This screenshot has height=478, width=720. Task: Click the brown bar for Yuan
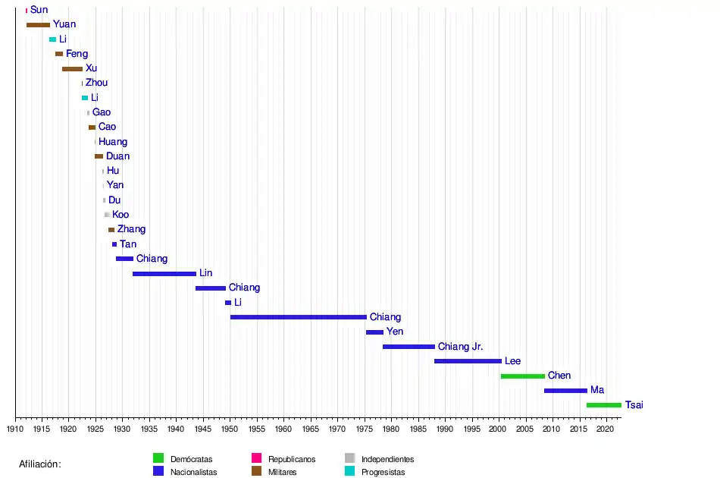tap(38, 25)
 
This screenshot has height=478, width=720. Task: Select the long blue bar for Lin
tap(164, 273)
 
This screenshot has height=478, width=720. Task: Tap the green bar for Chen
tap(522, 376)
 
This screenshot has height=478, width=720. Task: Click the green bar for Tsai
tap(603, 405)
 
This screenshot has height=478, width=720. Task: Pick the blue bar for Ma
tap(565, 391)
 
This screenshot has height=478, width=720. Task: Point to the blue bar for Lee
tap(468, 361)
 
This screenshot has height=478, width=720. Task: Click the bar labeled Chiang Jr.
tap(409, 347)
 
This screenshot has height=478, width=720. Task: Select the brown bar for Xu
tap(72, 69)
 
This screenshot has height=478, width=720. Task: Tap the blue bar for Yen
tap(374, 332)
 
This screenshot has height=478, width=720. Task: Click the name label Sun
tap(39, 10)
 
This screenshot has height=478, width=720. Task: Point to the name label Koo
tap(121, 215)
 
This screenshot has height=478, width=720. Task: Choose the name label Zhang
tap(131, 229)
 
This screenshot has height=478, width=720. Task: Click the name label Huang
tap(113, 142)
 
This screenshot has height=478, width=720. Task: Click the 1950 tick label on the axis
tap(230, 429)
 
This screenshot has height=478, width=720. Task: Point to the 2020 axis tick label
tap(605, 429)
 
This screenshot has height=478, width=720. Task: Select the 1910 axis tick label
tap(15, 429)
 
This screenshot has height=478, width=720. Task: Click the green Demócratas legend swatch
tap(158, 458)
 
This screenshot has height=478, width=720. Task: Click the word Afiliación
tap(40, 464)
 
